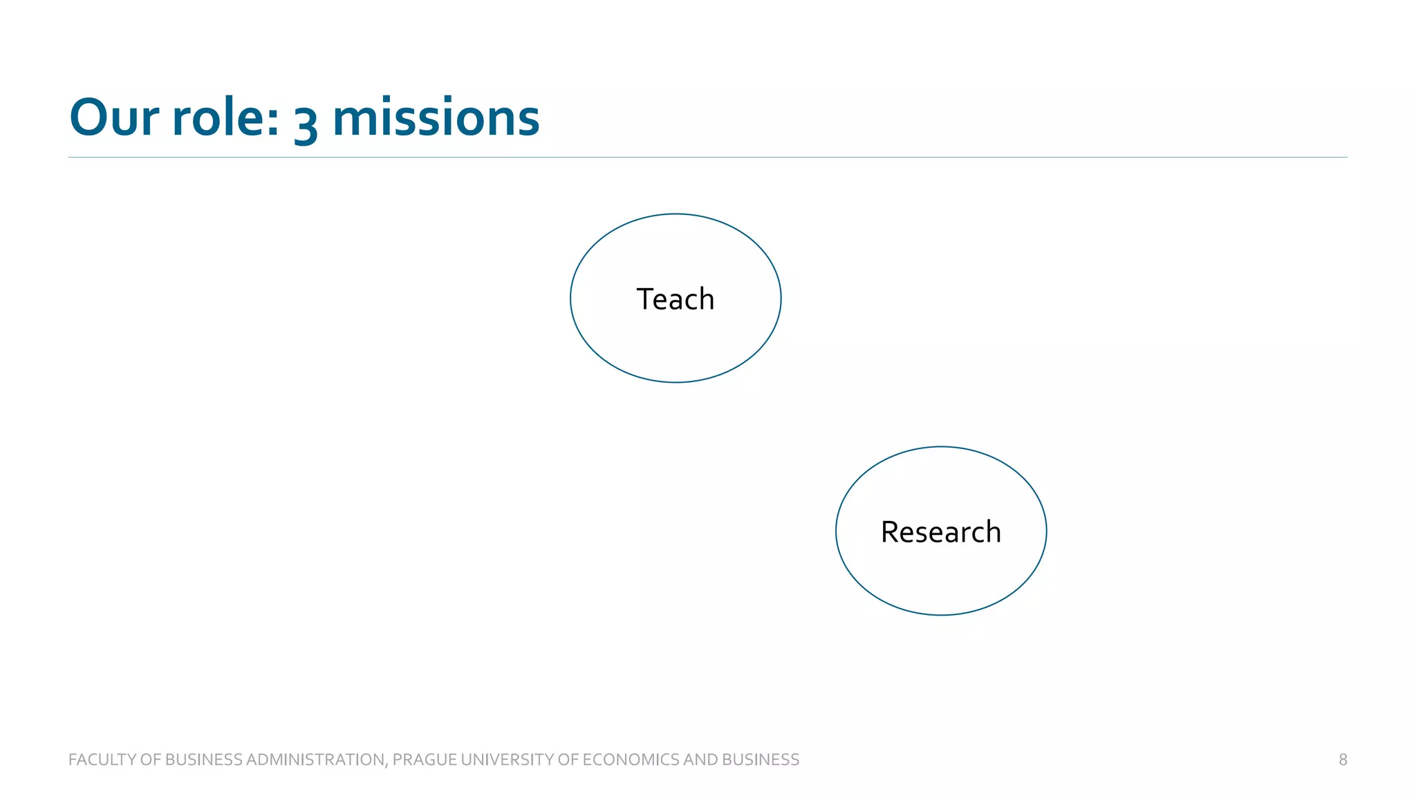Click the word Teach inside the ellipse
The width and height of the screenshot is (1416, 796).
click(x=675, y=299)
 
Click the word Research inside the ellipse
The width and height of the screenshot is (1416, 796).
click(x=940, y=532)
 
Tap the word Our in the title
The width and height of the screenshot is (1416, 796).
click(x=114, y=117)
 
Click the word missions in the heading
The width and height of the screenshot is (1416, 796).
click(x=436, y=117)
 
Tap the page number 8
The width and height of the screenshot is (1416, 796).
click(x=1343, y=759)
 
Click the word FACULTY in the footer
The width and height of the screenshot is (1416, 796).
click(x=102, y=759)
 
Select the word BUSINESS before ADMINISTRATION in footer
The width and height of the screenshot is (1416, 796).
click(x=204, y=759)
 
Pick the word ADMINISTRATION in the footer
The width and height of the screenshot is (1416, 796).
click(x=315, y=759)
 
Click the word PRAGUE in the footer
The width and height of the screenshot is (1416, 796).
click(x=425, y=759)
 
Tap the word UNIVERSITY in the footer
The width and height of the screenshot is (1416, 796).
click(x=507, y=759)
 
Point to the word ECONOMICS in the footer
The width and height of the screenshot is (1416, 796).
click(x=631, y=759)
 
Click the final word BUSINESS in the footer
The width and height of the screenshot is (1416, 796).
click(x=761, y=759)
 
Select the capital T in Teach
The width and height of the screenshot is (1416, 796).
click(x=644, y=299)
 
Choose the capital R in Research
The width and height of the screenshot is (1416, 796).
click(x=889, y=532)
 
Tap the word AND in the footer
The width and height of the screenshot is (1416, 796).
click(x=700, y=759)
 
